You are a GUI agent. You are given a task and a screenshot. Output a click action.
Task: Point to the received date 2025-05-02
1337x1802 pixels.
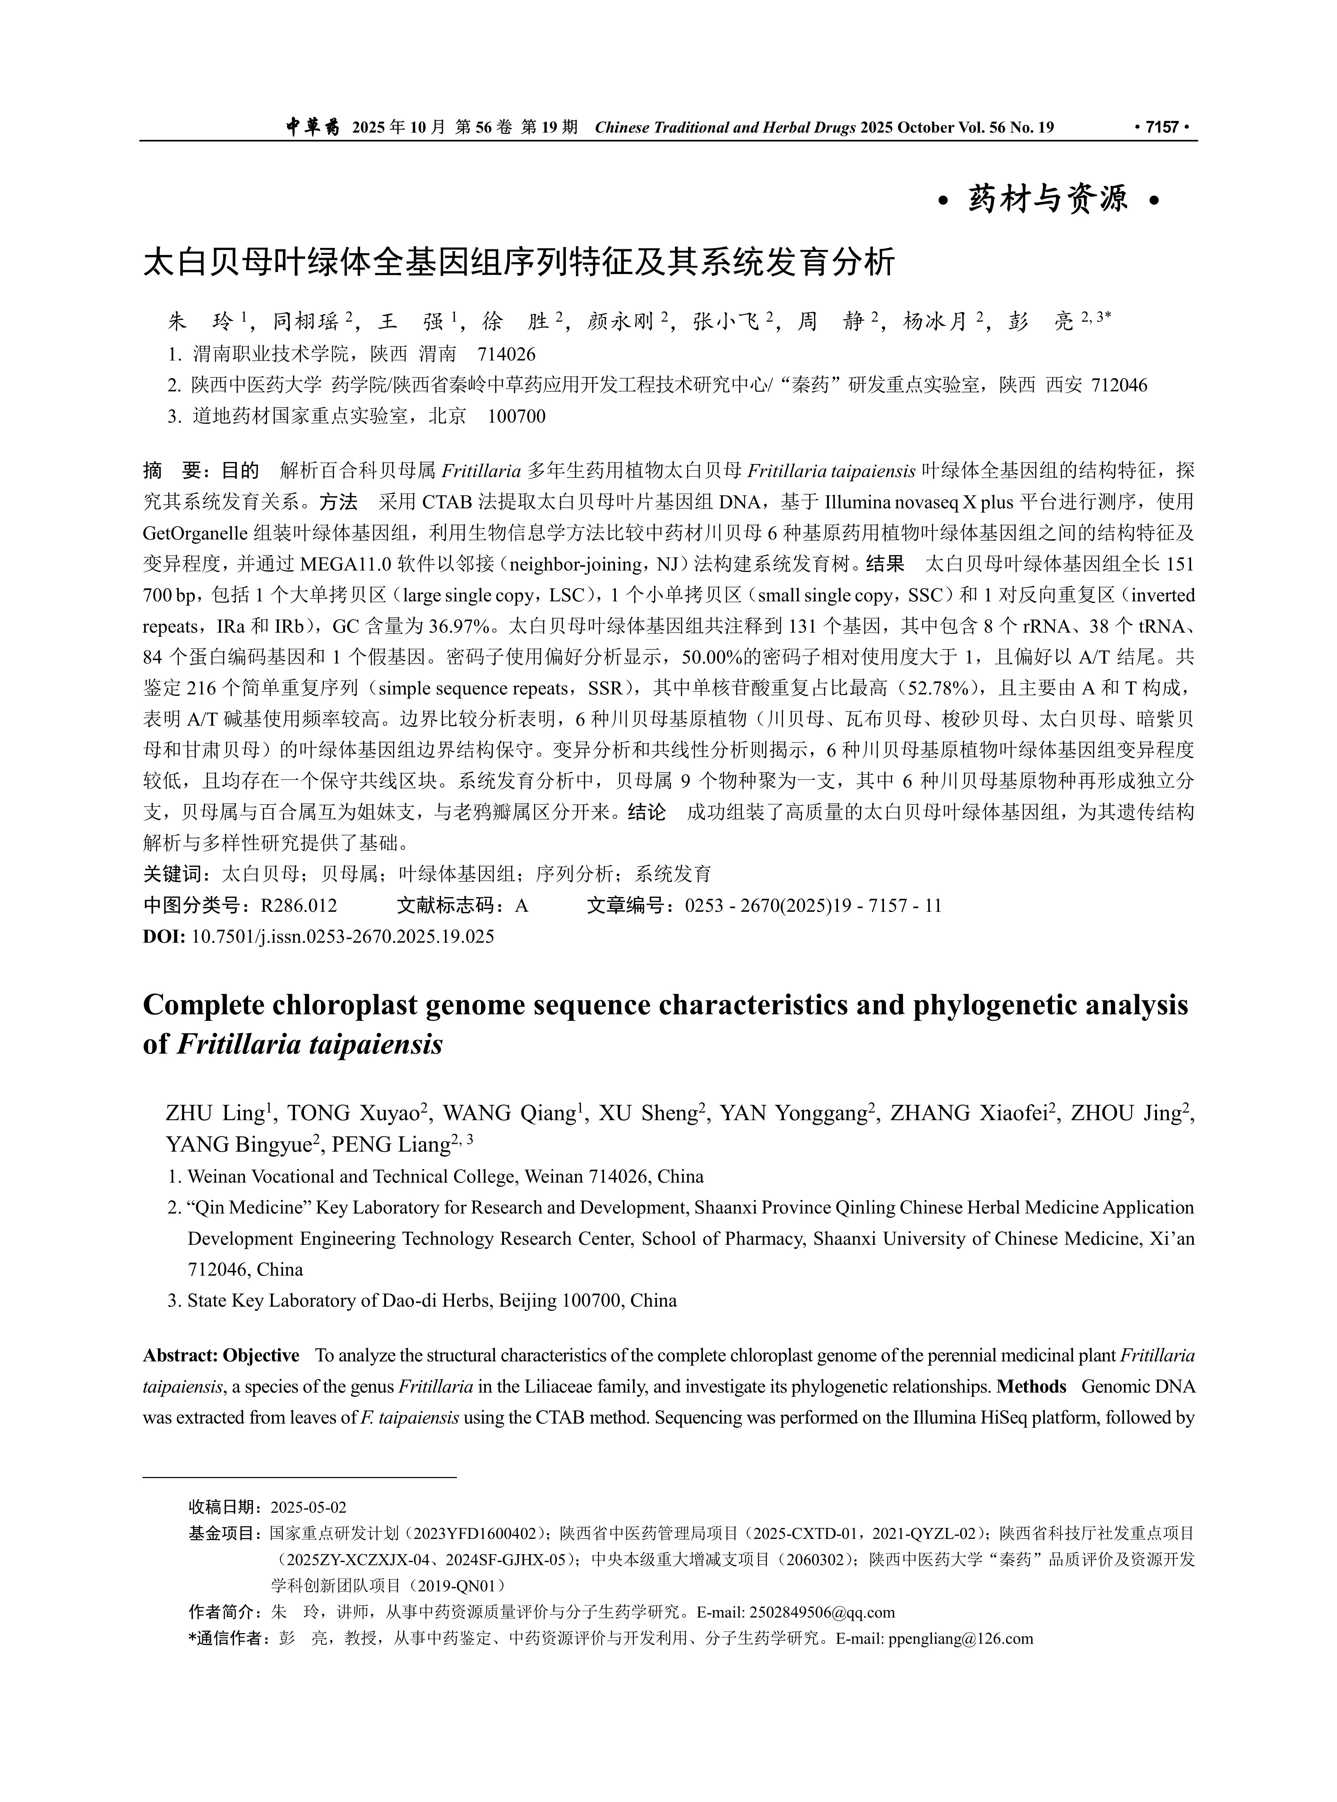tap(308, 1507)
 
